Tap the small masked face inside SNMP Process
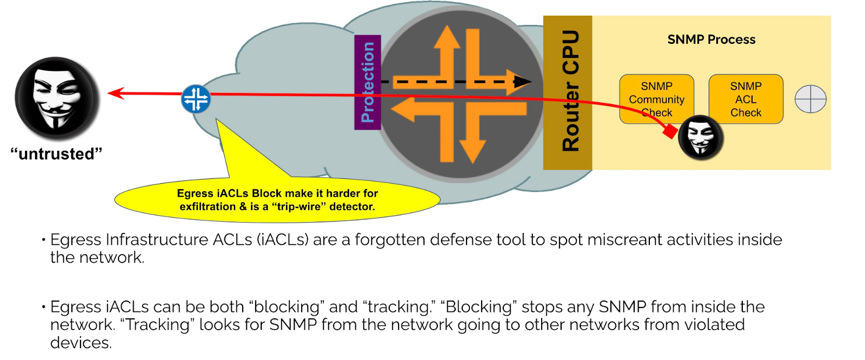701,137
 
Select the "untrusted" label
56,154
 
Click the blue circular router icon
196,99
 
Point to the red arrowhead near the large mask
115,94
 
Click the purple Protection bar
368,82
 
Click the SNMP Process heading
711,39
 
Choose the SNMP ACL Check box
746,99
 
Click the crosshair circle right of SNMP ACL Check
810,99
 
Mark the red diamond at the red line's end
670,131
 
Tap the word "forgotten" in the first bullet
390,239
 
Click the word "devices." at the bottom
81,343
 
